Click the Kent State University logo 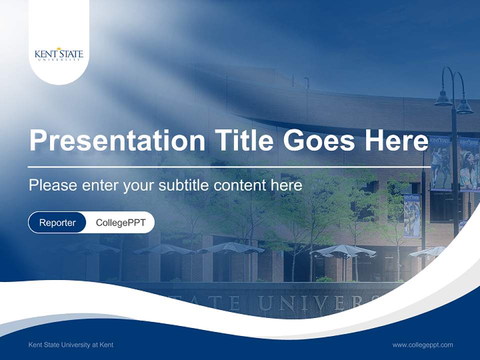pos(59,54)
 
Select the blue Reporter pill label pos(57,222)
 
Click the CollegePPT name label pos(120,222)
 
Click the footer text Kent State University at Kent pos(71,344)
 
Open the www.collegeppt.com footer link pos(422,344)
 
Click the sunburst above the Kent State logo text pos(59,48)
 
